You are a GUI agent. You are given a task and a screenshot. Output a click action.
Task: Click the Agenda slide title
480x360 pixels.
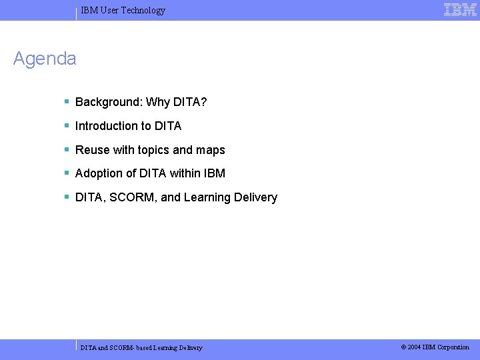[x=45, y=59]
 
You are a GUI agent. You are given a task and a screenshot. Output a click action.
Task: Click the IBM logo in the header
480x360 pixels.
[x=460, y=9]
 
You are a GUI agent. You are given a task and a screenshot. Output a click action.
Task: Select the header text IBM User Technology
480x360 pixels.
[x=123, y=10]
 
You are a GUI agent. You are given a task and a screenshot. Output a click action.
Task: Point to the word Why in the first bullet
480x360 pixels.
[x=157, y=102]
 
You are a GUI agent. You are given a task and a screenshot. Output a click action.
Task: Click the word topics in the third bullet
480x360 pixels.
[x=153, y=150]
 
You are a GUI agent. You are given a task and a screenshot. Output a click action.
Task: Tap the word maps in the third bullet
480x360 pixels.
[x=211, y=150]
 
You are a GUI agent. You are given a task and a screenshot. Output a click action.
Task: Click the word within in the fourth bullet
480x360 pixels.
[x=188, y=173]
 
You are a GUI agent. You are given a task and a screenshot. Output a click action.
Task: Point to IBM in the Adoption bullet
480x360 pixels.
[x=216, y=173]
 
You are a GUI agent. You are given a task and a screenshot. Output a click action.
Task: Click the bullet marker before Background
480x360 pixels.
[x=67, y=102]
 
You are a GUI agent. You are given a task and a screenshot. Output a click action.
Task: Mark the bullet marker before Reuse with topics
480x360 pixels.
[x=67, y=150]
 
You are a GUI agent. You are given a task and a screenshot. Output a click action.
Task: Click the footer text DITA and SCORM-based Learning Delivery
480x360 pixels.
[x=141, y=347]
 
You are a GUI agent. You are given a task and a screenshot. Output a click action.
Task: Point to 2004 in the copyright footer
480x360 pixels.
[x=414, y=347]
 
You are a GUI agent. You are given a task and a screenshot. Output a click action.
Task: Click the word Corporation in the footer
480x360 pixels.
[x=453, y=347]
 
